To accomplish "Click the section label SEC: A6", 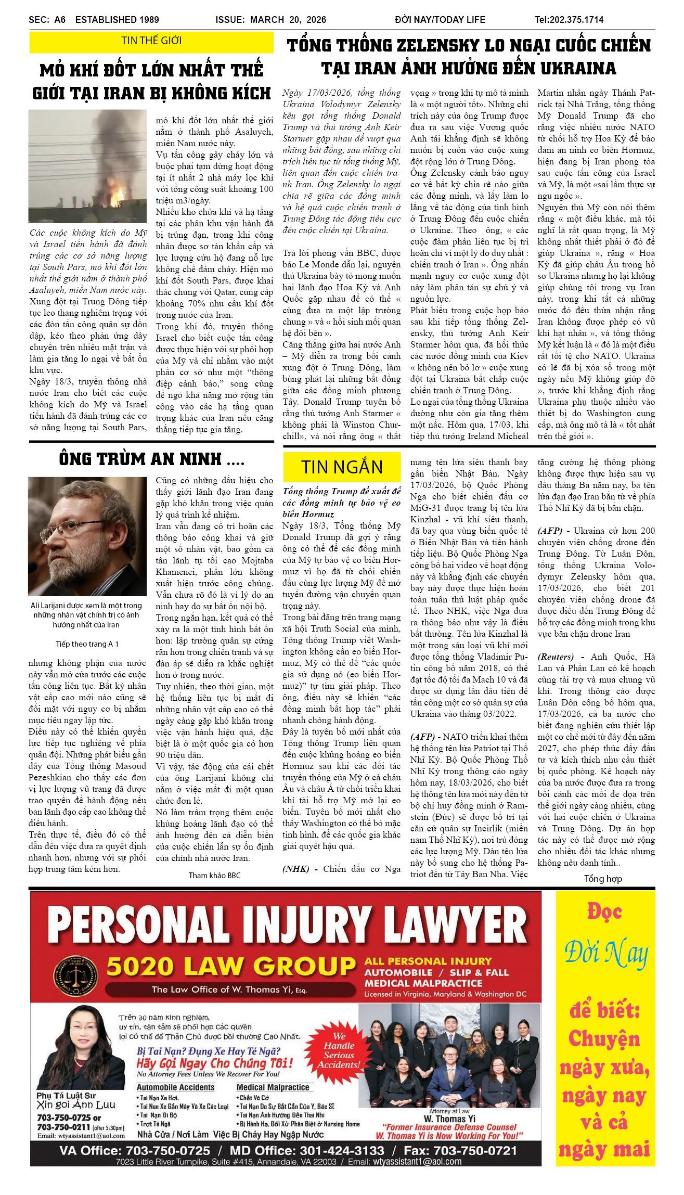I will coord(47,20).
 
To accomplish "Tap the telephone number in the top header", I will coord(569,20).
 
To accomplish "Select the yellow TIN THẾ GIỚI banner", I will coord(151,41).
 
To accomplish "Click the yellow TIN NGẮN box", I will coord(342,467).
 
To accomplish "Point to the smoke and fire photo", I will coord(87,166).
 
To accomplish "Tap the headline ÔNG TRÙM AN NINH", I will coord(151,459).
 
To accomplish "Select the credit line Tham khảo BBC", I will coord(214,876).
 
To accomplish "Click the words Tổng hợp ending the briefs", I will coord(603,879).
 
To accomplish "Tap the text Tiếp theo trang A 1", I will coord(87,644).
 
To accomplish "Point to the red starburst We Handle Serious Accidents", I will coord(339,1050).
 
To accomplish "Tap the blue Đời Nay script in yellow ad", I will coord(605,954).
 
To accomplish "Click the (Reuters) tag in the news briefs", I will coord(556,657).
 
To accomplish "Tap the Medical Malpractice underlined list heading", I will coord(273,1087).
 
